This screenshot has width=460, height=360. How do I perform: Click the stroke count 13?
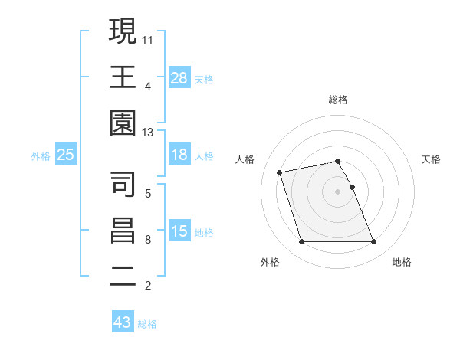[x=147, y=133]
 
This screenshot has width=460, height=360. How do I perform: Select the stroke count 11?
[x=147, y=39]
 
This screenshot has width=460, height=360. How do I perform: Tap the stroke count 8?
[x=147, y=240]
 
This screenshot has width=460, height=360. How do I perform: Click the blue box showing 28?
[x=179, y=77]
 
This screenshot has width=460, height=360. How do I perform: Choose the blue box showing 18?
[x=179, y=155]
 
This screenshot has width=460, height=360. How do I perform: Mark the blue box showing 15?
[x=179, y=231]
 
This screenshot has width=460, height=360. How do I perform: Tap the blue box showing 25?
[x=66, y=155]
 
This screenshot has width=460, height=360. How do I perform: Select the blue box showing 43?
[x=123, y=322]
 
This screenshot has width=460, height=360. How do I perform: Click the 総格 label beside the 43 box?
[x=148, y=324]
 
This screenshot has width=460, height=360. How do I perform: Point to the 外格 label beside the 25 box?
[x=41, y=156]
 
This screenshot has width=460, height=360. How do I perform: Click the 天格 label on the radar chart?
[x=432, y=159]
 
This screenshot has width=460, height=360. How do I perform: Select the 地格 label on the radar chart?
[x=402, y=262]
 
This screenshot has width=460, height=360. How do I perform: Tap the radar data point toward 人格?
[x=280, y=172]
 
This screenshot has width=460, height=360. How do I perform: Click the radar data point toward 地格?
[x=373, y=242]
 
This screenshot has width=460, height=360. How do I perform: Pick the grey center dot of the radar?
[x=337, y=191]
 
